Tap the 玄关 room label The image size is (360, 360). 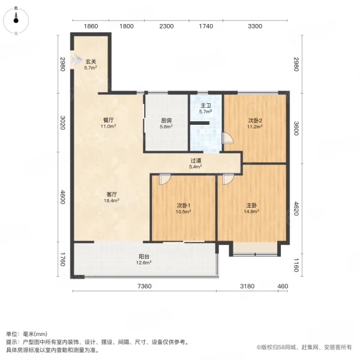(91, 61)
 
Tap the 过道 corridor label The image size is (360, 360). (196, 161)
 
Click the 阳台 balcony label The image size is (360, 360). (143, 256)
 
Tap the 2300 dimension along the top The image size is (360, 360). (167, 26)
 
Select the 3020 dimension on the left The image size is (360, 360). (62, 122)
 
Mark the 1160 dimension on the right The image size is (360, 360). (295, 264)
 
